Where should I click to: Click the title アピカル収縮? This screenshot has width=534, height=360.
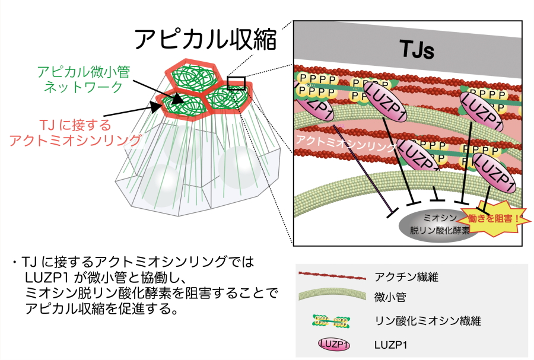(x=205, y=39)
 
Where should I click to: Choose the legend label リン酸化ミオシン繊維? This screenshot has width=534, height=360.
(x=427, y=321)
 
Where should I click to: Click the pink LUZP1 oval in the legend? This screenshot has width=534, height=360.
(x=336, y=344)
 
